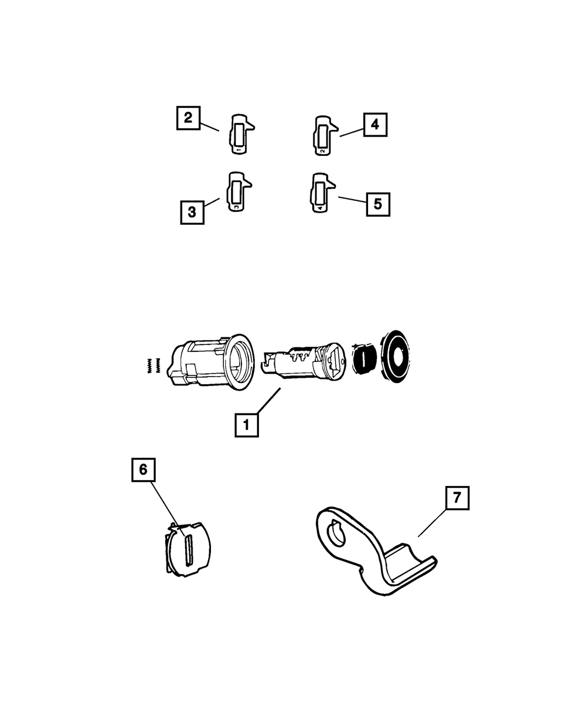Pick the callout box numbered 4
pos(375,124)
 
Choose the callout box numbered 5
pos(378,204)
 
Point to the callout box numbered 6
pos(144,470)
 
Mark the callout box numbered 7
pos(457,499)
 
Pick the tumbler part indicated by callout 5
pos(320,193)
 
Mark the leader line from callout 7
pos(431,523)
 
